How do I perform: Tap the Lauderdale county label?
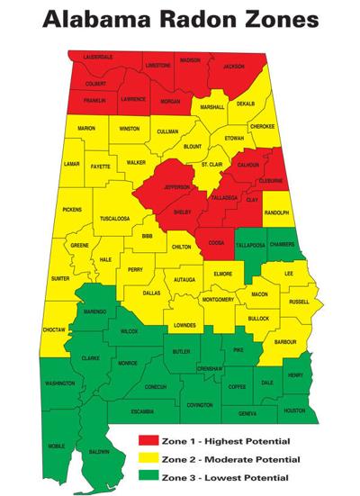point(97,58)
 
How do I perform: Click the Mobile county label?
point(57,446)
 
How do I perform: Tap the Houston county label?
point(294,410)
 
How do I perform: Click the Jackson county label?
point(234,67)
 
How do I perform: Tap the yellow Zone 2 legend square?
point(146,457)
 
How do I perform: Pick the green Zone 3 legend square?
point(146,475)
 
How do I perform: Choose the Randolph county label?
point(276,212)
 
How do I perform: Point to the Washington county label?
point(59,383)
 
